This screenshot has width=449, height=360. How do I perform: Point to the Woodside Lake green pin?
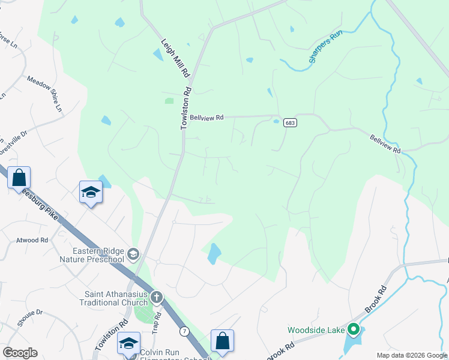click(354, 329)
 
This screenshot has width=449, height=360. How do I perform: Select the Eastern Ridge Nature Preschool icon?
click(133, 254)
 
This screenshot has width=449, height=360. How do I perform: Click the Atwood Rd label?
click(32, 240)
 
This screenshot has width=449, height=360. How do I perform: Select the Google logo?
click(20, 353)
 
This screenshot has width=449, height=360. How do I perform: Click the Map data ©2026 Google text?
click(412, 355)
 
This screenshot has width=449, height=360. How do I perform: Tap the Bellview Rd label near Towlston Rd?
click(206, 118)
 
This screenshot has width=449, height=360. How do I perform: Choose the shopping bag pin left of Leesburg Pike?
click(19, 178)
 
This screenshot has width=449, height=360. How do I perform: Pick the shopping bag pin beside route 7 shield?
click(222, 341)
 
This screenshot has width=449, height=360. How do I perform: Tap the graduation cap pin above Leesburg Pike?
click(91, 193)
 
